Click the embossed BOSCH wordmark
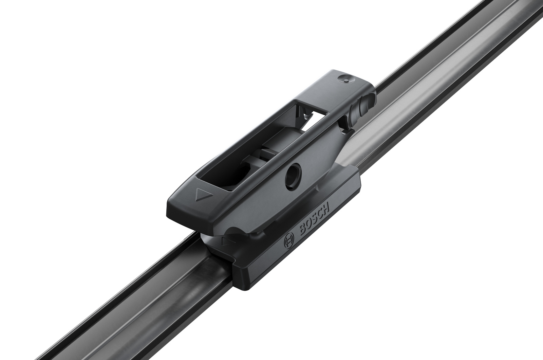(314, 220)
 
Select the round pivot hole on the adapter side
(293, 175)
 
